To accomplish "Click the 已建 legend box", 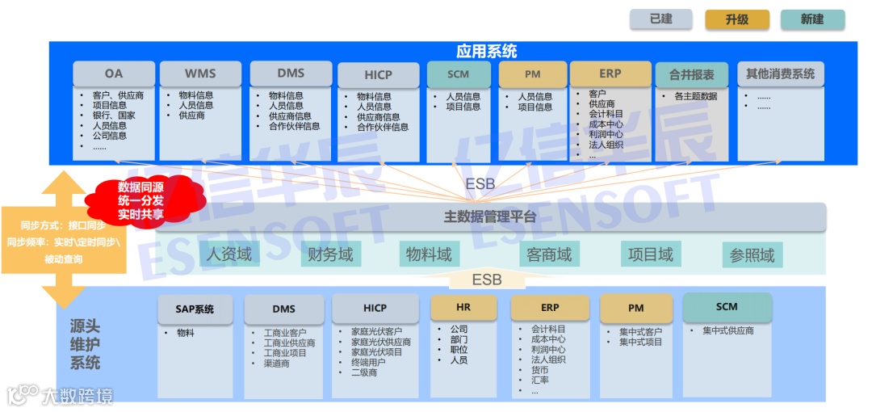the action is tap(661, 19).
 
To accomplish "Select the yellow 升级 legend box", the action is tap(736, 19).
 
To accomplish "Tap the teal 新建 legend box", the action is tap(811, 19).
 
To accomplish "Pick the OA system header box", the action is tap(113, 74).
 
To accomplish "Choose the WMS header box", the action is tap(200, 74).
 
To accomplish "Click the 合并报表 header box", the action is tap(691, 74).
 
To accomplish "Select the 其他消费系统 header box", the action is tap(780, 74).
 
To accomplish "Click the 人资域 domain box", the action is tap(228, 254).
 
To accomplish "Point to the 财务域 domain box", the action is tap(330, 255).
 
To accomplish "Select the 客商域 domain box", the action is tap(549, 255).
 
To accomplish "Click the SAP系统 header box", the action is tap(195, 309).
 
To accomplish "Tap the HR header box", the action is tap(463, 307).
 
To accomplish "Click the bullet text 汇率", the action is tap(539, 379).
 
